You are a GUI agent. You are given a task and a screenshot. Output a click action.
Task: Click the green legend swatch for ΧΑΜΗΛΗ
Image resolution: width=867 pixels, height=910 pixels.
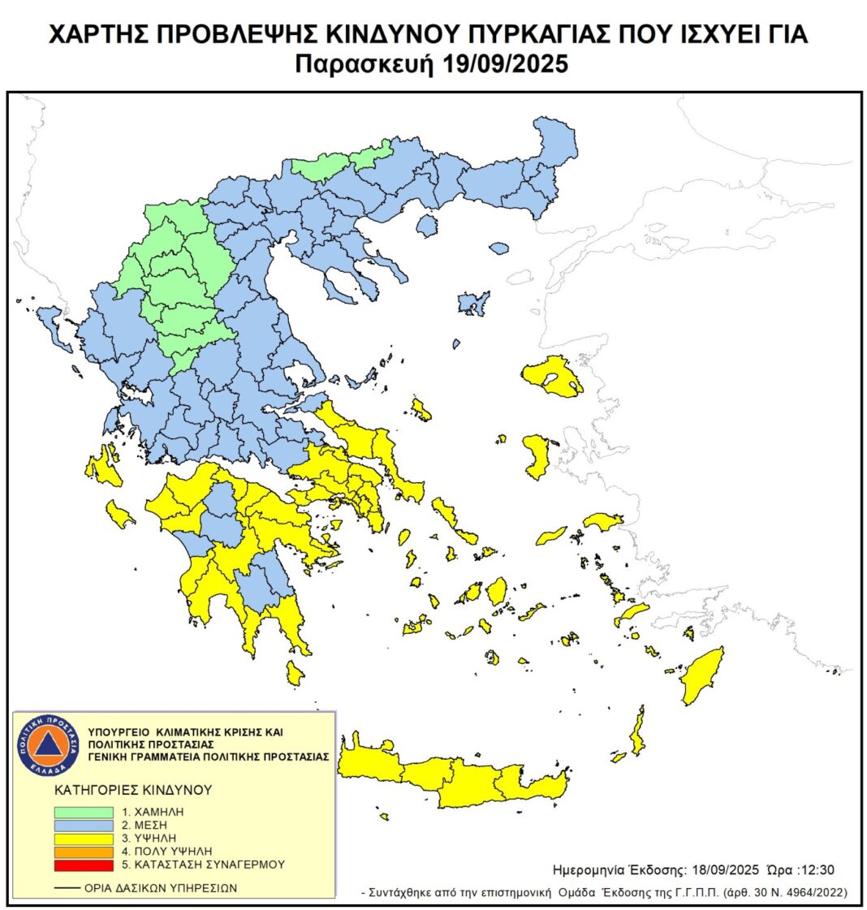click(84, 812)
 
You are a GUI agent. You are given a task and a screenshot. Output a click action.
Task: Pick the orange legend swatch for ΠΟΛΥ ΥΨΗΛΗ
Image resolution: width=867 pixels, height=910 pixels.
click(84, 852)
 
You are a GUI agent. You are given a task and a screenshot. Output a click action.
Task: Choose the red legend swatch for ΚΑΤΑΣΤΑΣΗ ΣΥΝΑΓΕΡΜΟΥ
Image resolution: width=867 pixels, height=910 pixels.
click(84, 865)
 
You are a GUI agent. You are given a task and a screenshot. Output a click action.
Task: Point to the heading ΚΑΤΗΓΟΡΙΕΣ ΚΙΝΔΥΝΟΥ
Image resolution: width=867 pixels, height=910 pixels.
click(133, 789)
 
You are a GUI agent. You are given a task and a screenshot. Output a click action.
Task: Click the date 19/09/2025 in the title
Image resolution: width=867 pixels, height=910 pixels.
click(506, 64)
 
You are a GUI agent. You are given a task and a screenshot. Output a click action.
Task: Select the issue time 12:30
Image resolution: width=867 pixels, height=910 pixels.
click(817, 869)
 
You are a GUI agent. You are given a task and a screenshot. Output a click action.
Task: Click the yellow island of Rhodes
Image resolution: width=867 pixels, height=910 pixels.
click(703, 675)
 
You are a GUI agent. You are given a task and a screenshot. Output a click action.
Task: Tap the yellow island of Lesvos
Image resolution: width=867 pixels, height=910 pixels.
click(554, 376)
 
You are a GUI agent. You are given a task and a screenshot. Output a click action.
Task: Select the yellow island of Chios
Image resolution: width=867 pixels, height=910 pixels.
click(537, 455)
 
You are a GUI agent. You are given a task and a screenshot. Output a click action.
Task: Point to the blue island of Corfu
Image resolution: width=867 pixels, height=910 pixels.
click(54, 325)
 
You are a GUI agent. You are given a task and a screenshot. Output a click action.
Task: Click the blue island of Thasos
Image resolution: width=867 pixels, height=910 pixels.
click(427, 225)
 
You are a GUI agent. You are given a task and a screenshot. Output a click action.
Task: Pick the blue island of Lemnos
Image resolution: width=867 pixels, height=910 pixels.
click(472, 303)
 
